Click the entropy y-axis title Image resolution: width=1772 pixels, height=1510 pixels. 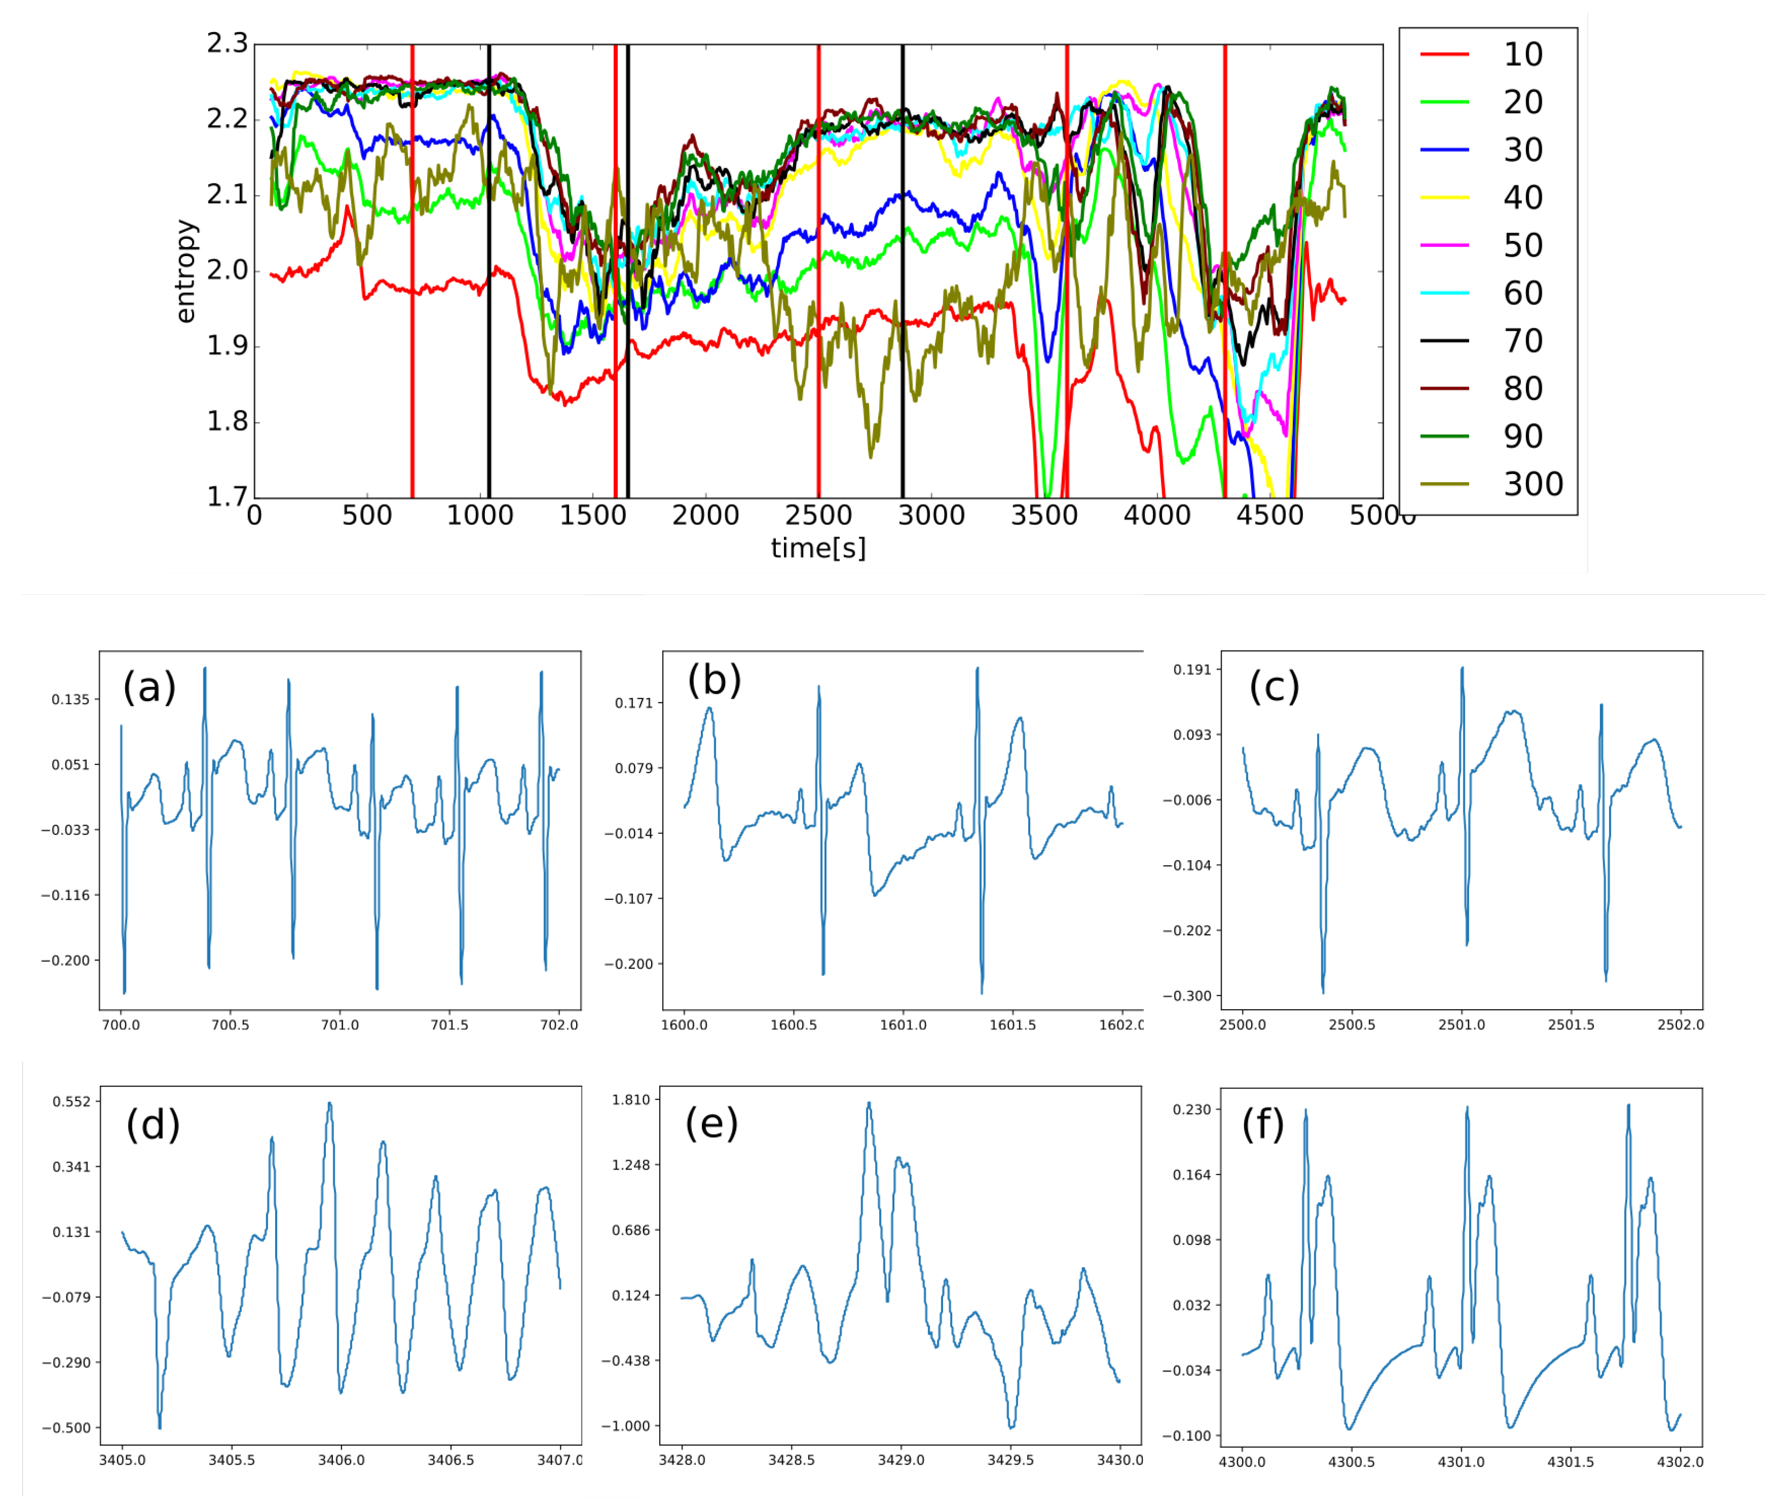[x=185, y=271]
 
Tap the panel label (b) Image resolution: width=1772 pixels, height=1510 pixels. [x=714, y=680]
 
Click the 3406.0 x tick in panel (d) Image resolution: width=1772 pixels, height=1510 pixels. [x=341, y=1459]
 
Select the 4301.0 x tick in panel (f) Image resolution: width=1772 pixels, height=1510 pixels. [x=1461, y=1461]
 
